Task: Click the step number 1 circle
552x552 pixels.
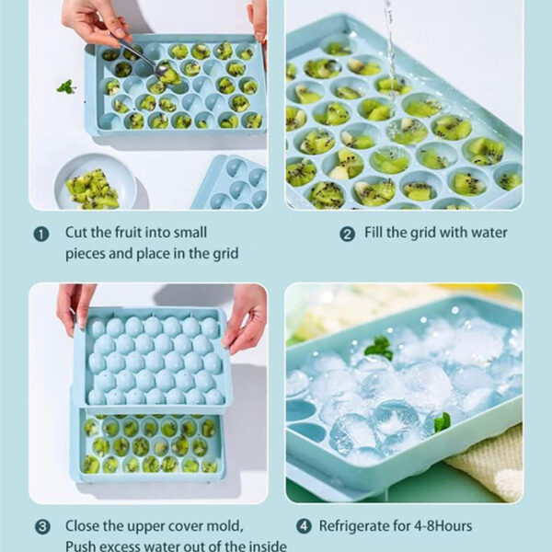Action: tap(41, 235)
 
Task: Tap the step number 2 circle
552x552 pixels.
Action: tap(347, 235)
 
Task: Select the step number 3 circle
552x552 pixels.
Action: tap(42, 527)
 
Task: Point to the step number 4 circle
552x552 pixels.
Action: tap(304, 526)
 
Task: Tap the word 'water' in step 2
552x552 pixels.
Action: tap(489, 233)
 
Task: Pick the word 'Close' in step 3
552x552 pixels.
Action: tap(83, 526)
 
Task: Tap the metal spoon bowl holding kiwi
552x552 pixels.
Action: tap(163, 70)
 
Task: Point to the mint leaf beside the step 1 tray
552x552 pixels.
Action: tap(66, 87)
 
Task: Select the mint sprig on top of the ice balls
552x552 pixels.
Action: tap(379, 348)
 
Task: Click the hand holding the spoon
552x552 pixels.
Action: tap(93, 23)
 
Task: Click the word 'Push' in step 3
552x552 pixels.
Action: tap(82, 546)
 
